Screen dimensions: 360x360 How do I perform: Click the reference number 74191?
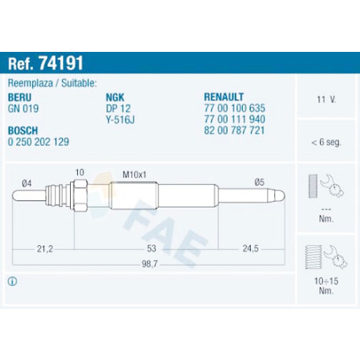pyautogui.click(x=61, y=63)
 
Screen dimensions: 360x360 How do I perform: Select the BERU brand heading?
pyautogui.click(x=20, y=97)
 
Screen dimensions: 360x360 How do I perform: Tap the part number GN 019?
pyautogui.click(x=24, y=108)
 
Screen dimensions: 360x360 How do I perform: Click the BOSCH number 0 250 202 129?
pyautogui.click(x=39, y=141)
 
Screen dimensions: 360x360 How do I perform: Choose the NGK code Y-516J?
pyautogui.click(x=120, y=119)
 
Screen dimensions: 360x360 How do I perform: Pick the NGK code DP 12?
pyautogui.click(x=118, y=108)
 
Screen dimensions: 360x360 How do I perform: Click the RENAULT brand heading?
pyautogui.click(x=224, y=97)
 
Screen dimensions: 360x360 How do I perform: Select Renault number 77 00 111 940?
pyautogui.click(x=234, y=119)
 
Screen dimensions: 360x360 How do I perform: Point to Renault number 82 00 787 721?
pyautogui.click(x=234, y=130)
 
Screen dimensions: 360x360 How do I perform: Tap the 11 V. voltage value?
pyautogui.click(x=326, y=100)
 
